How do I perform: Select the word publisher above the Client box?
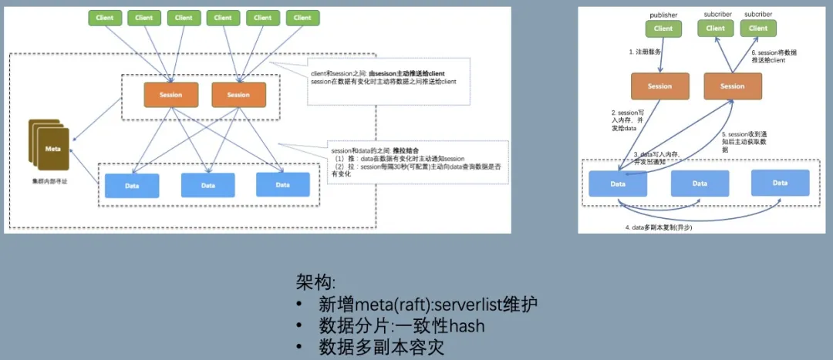pyautogui.click(x=663, y=15)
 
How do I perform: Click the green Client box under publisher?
pyautogui.click(x=663, y=29)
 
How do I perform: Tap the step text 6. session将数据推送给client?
pyautogui.click(x=774, y=56)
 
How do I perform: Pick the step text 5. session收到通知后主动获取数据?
pyautogui.click(x=744, y=142)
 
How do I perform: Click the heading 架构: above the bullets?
pyautogui.click(x=316, y=281)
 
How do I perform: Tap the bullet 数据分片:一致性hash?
pyautogui.click(x=401, y=326)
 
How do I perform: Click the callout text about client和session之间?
pyautogui.click(x=378, y=77)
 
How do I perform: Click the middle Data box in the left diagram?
pyautogui.click(x=207, y=185)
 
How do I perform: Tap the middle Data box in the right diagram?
pyautogui.click(x=700, y=183)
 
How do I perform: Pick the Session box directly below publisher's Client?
pyautogui.click(x=660, y=86)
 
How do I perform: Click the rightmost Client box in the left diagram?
pyautogui.click(x=302, y=17)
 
